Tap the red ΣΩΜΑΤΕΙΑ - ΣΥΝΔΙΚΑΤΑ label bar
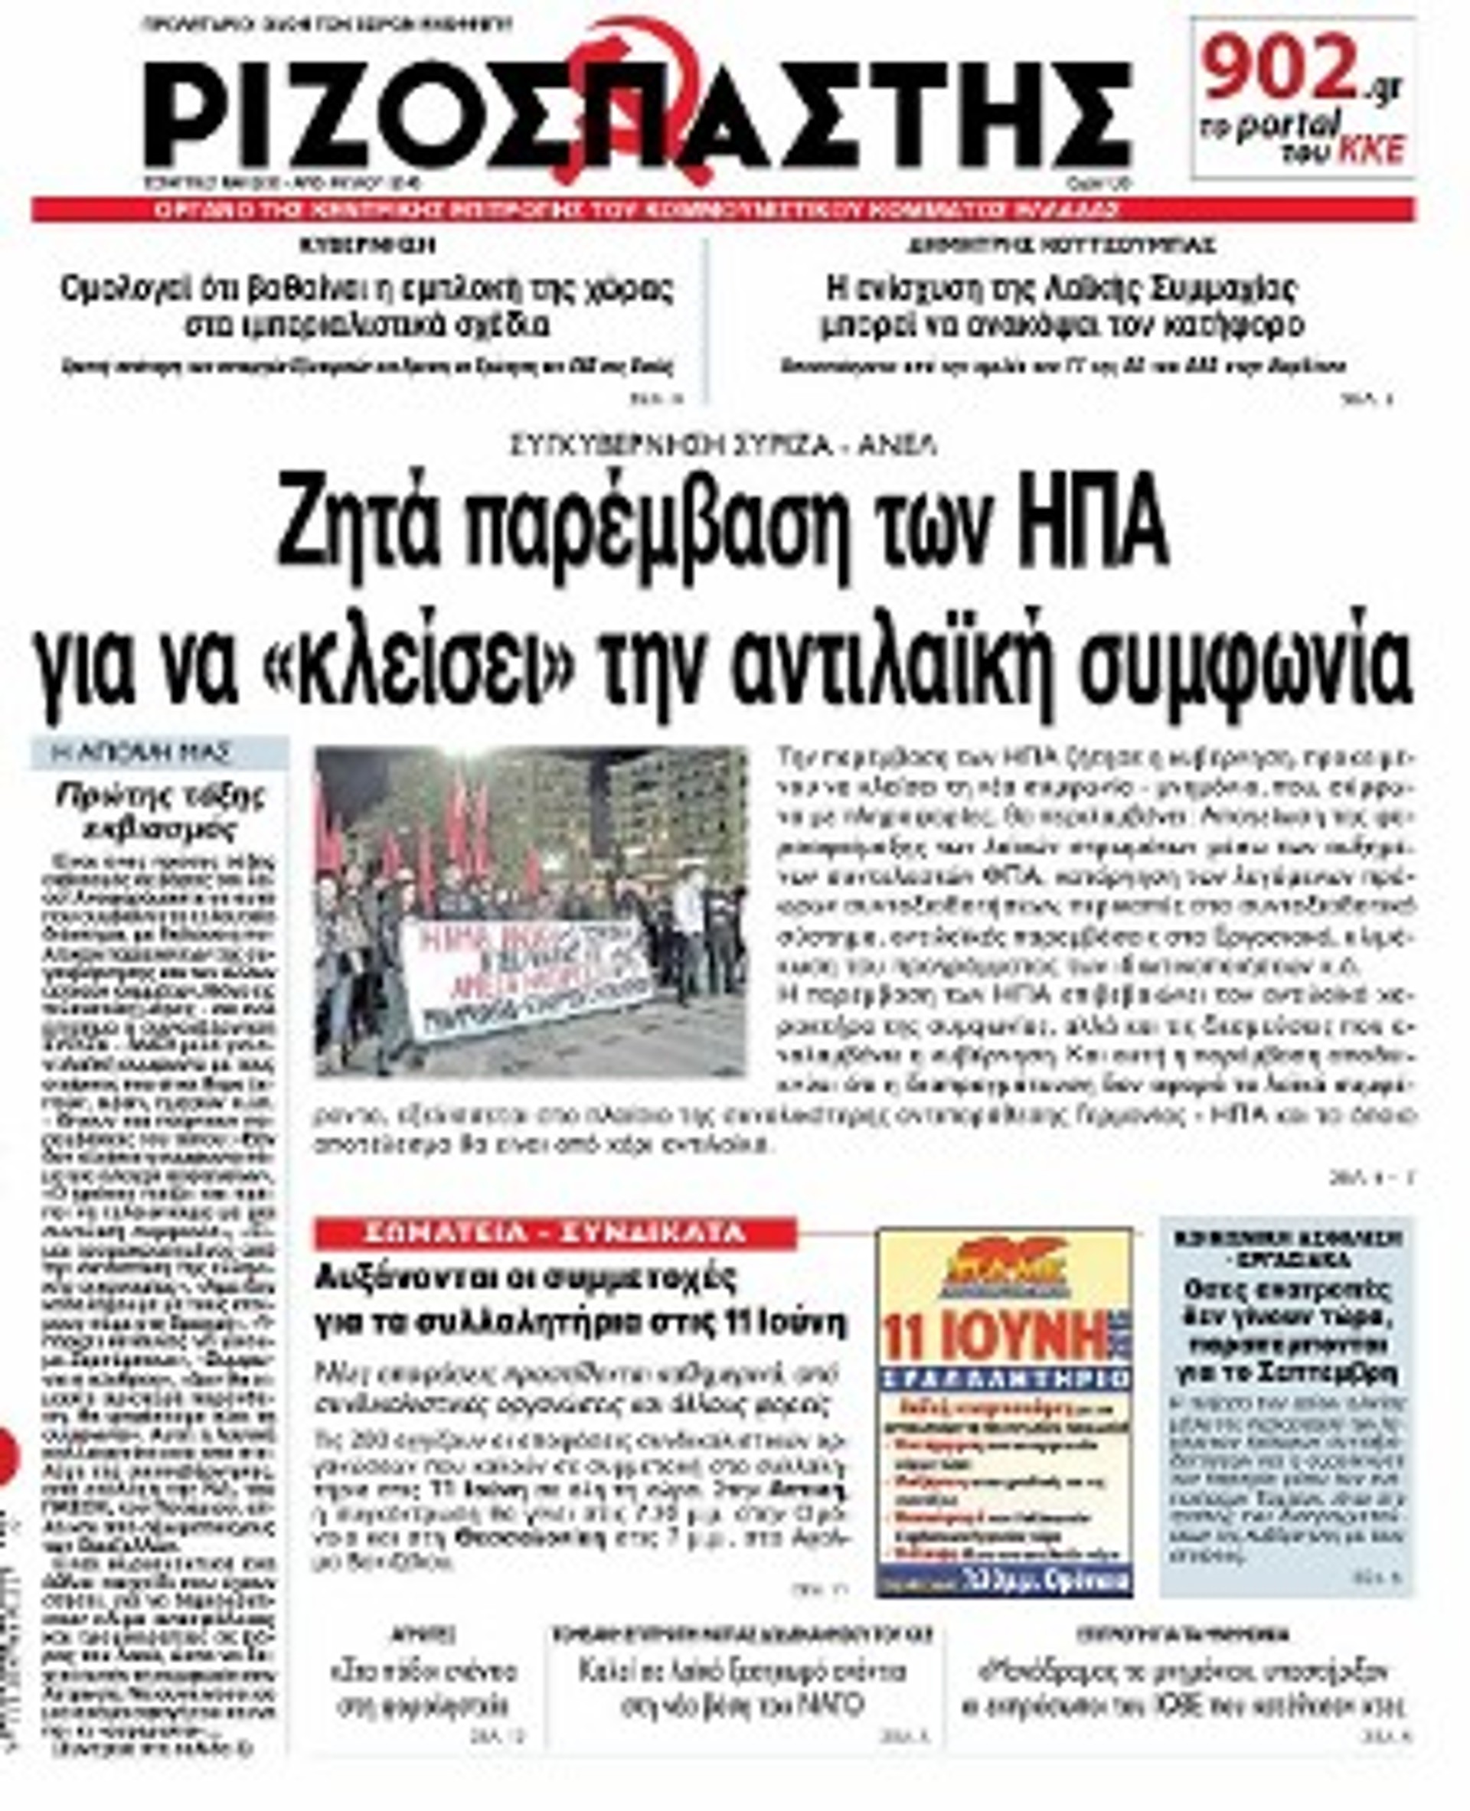(x=554, y=1234)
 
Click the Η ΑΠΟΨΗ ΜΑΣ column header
(x=158, y=752)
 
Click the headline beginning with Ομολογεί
(x=367, y=306)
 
